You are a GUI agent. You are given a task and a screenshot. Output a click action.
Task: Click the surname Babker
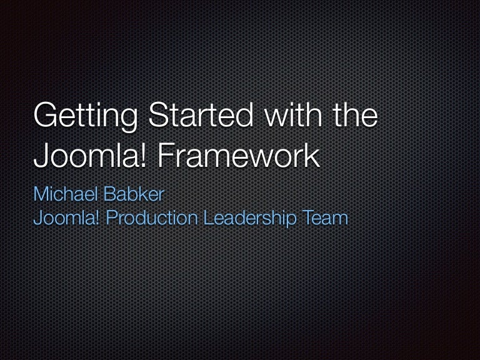(x=134, y=194)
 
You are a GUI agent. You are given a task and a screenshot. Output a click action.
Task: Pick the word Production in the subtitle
(x=151, y=217)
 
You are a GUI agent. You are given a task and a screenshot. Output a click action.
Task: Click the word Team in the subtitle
(x=325, y=217)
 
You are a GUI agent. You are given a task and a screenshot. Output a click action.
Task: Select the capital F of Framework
(x=166, y=155)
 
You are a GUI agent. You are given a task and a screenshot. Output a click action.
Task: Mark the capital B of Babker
(x=110, y=194)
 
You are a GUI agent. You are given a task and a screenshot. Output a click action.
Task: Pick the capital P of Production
(x=112, y=217)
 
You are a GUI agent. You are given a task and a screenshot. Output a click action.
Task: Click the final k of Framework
(x=312, y=155)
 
